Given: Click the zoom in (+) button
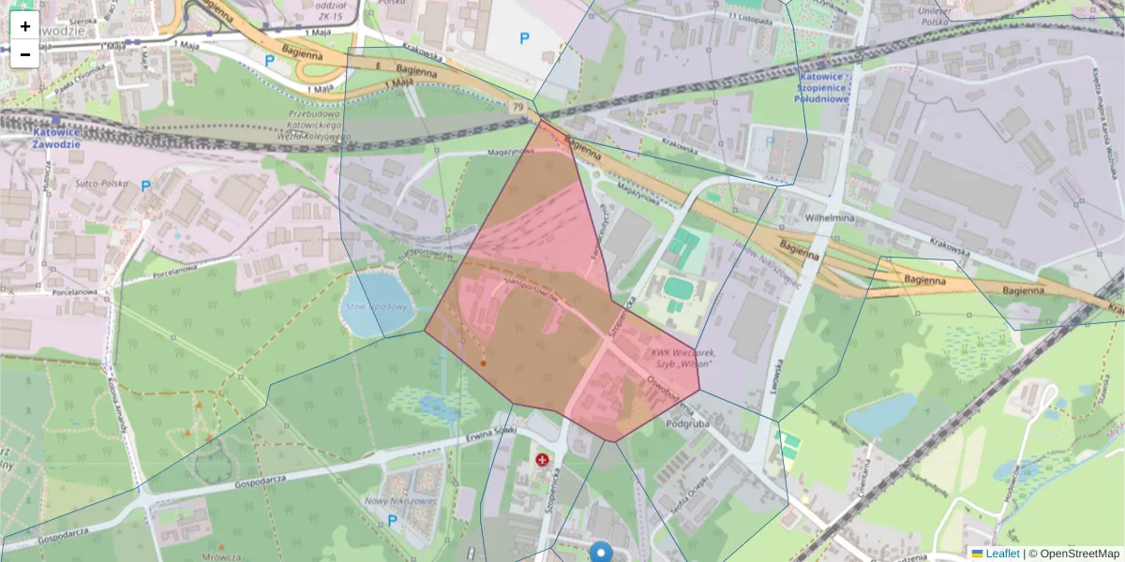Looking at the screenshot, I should pos(24,26).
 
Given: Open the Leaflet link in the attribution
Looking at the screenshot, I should pos(1001,554).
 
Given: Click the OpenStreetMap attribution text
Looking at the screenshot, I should pos(1079,554).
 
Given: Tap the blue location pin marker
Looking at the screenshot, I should pos(601,553).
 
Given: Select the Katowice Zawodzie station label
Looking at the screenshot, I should pos(57,138).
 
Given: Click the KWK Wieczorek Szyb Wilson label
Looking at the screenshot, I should pos(682,358).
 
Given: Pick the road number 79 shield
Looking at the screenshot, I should pos(517,108).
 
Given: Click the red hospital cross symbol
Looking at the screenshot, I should pos(542,459).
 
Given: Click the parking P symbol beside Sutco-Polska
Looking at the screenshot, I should pos(145,186).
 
